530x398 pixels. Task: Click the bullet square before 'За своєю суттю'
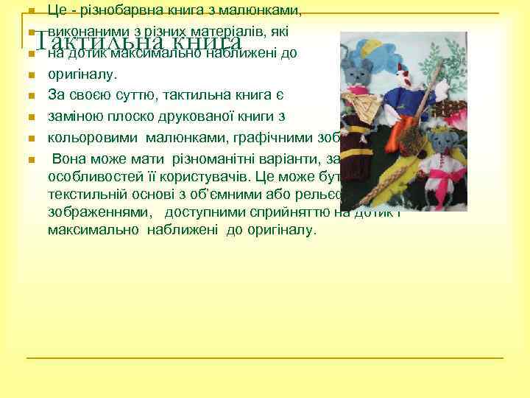pyautogui.click(x=30, y=96)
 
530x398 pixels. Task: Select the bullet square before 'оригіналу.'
pyautogui.click(x=30, y=74)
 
